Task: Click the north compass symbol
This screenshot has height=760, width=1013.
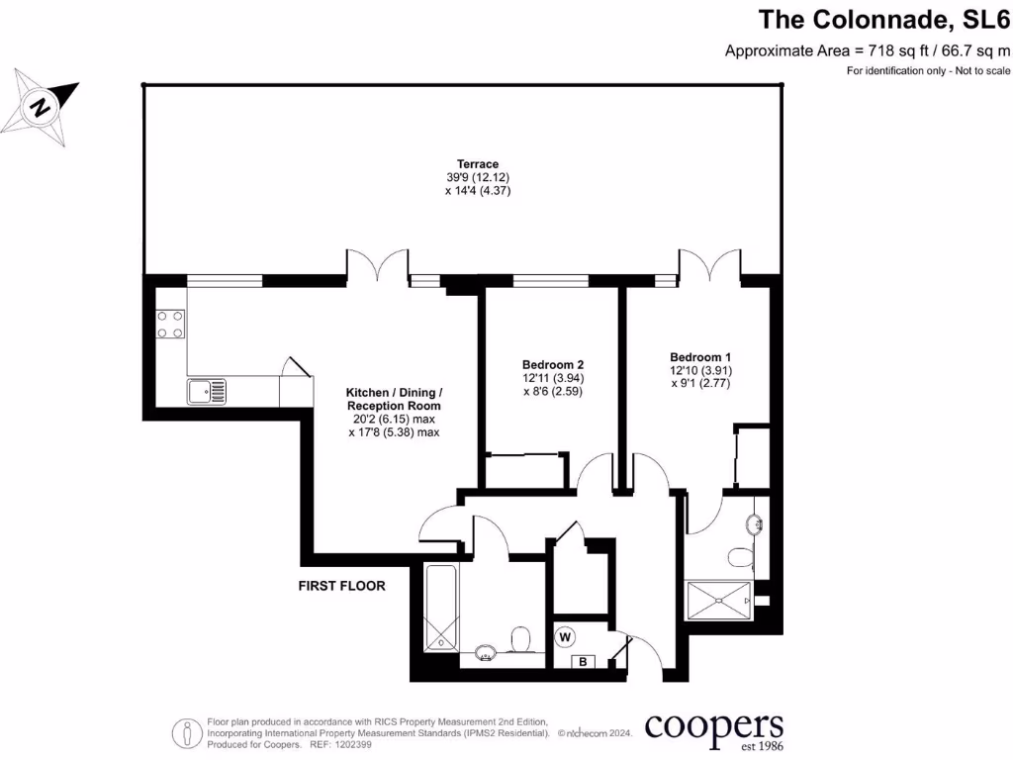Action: tap(42, 105)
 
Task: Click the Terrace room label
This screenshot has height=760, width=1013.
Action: tap(477, 164)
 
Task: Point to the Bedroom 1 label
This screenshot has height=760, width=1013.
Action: tap(700, 357)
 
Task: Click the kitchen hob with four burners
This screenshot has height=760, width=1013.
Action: tap(170, 325)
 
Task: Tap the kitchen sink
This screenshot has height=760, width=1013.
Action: tap(206, 392)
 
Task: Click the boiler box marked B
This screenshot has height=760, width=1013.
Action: tap(583, 662)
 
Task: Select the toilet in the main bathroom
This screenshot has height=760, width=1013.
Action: tap(519, 641)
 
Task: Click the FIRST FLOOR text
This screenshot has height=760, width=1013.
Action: tap(342, 586)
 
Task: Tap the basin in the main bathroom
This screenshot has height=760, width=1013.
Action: tap(486, 652)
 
